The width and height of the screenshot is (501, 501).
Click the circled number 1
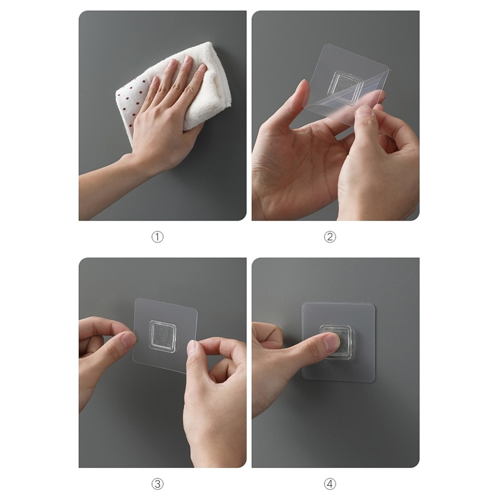coord(157,237)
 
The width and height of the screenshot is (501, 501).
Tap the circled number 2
coord(330,237)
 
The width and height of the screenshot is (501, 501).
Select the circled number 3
coord(157,483)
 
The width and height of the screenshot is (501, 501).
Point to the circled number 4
coord(330,483)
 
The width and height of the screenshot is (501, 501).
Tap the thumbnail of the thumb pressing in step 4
coord(331,342)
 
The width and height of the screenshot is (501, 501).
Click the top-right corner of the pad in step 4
coord(373,305)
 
